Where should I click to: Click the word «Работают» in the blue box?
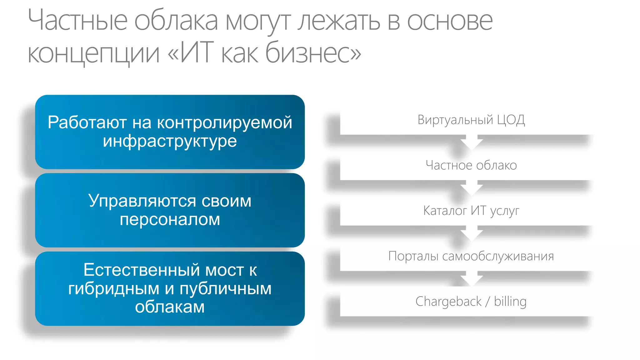pyautogui.click(x=87, y=122)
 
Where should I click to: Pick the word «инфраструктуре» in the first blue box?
pyautogui.click(x=170, y=141)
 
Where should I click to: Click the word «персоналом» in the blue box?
pyautogui.click(x=170, y=219)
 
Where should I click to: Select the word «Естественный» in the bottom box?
pyautogui.click(x=141, y=270)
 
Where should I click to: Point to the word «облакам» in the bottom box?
pyautogui.click(x=170, y=307)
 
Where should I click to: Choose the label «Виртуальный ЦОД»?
pyautogui.click(x=471, y=120)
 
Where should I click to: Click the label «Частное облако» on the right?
pyautogui.click(x=471, y=165)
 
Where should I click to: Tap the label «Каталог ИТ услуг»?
pyautogui.click(x=471, y=211)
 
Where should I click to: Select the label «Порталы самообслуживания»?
pyautogui.click(x=471, y=256)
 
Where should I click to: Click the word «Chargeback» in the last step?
pyautogui.click(x=448, y=302)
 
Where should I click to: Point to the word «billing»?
pyautogui.click(x=510, y=302)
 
